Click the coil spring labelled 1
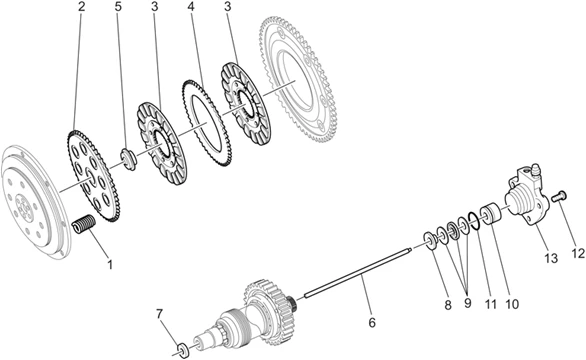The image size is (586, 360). coord(84,224)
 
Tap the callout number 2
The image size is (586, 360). coord(81,6)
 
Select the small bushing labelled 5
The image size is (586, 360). coord(128,160)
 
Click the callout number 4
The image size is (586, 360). coord(192,6)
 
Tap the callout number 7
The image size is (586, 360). coord(160,314)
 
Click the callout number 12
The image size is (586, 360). coord(578,253)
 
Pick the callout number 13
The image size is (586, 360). coord(551,258)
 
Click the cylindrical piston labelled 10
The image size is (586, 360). coord(491,215)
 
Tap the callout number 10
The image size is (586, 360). coord(512,304)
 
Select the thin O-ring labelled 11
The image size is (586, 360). coord(474,221)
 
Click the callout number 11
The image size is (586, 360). coord(491,304)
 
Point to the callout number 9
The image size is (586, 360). coord(468,303)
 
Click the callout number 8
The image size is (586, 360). coord(448,305)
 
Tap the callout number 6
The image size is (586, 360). coord(372,322)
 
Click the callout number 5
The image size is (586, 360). coord(118,6)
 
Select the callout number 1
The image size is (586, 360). coord(110,264)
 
